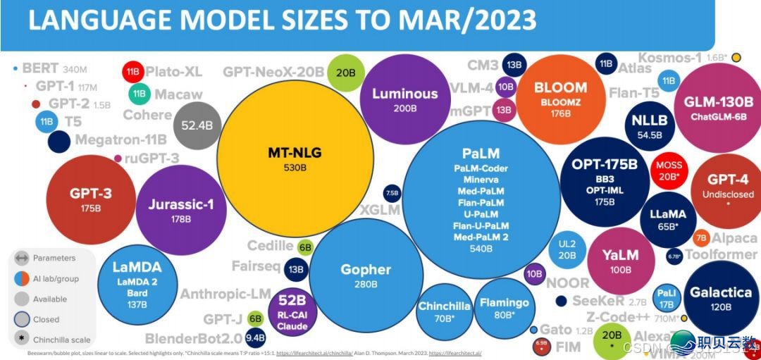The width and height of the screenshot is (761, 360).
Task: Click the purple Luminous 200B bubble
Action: (x=404, y=99)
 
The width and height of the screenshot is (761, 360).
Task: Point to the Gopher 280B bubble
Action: (x=366, y=275)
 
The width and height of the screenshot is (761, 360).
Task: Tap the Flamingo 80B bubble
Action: (x=504, y=307)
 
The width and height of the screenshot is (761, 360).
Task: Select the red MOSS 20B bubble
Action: (x=669, y=170)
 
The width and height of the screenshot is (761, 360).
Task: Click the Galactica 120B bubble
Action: (x=721, y=297)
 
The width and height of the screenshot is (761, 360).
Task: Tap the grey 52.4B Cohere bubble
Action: (x=197, y=125)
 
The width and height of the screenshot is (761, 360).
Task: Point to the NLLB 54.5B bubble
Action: (x=649, y=125)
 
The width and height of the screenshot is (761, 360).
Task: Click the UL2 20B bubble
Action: (x=567, y=249)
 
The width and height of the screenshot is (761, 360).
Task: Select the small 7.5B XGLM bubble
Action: (x=392, y=193)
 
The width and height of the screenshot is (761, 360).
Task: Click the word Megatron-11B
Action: (x=120, y=139)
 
